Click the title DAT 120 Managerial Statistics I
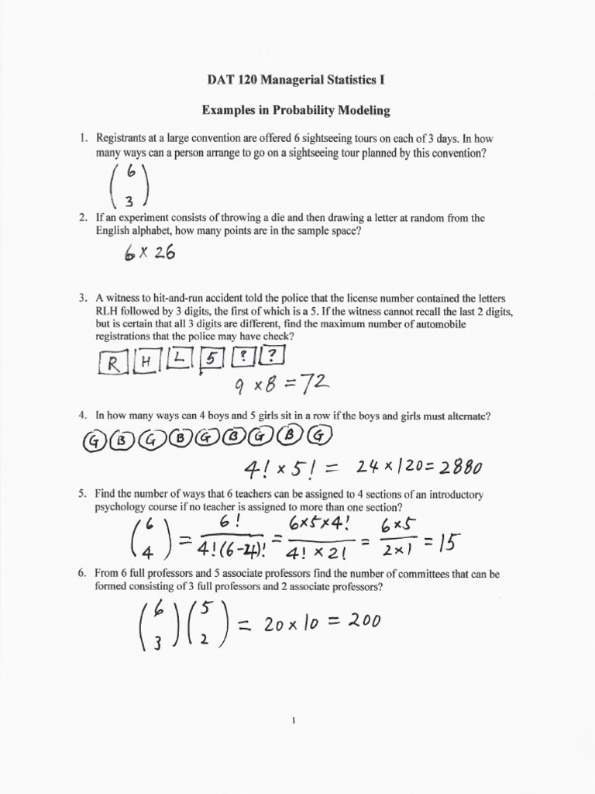(x=297, y=79)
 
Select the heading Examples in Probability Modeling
(x=297, y=110)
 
